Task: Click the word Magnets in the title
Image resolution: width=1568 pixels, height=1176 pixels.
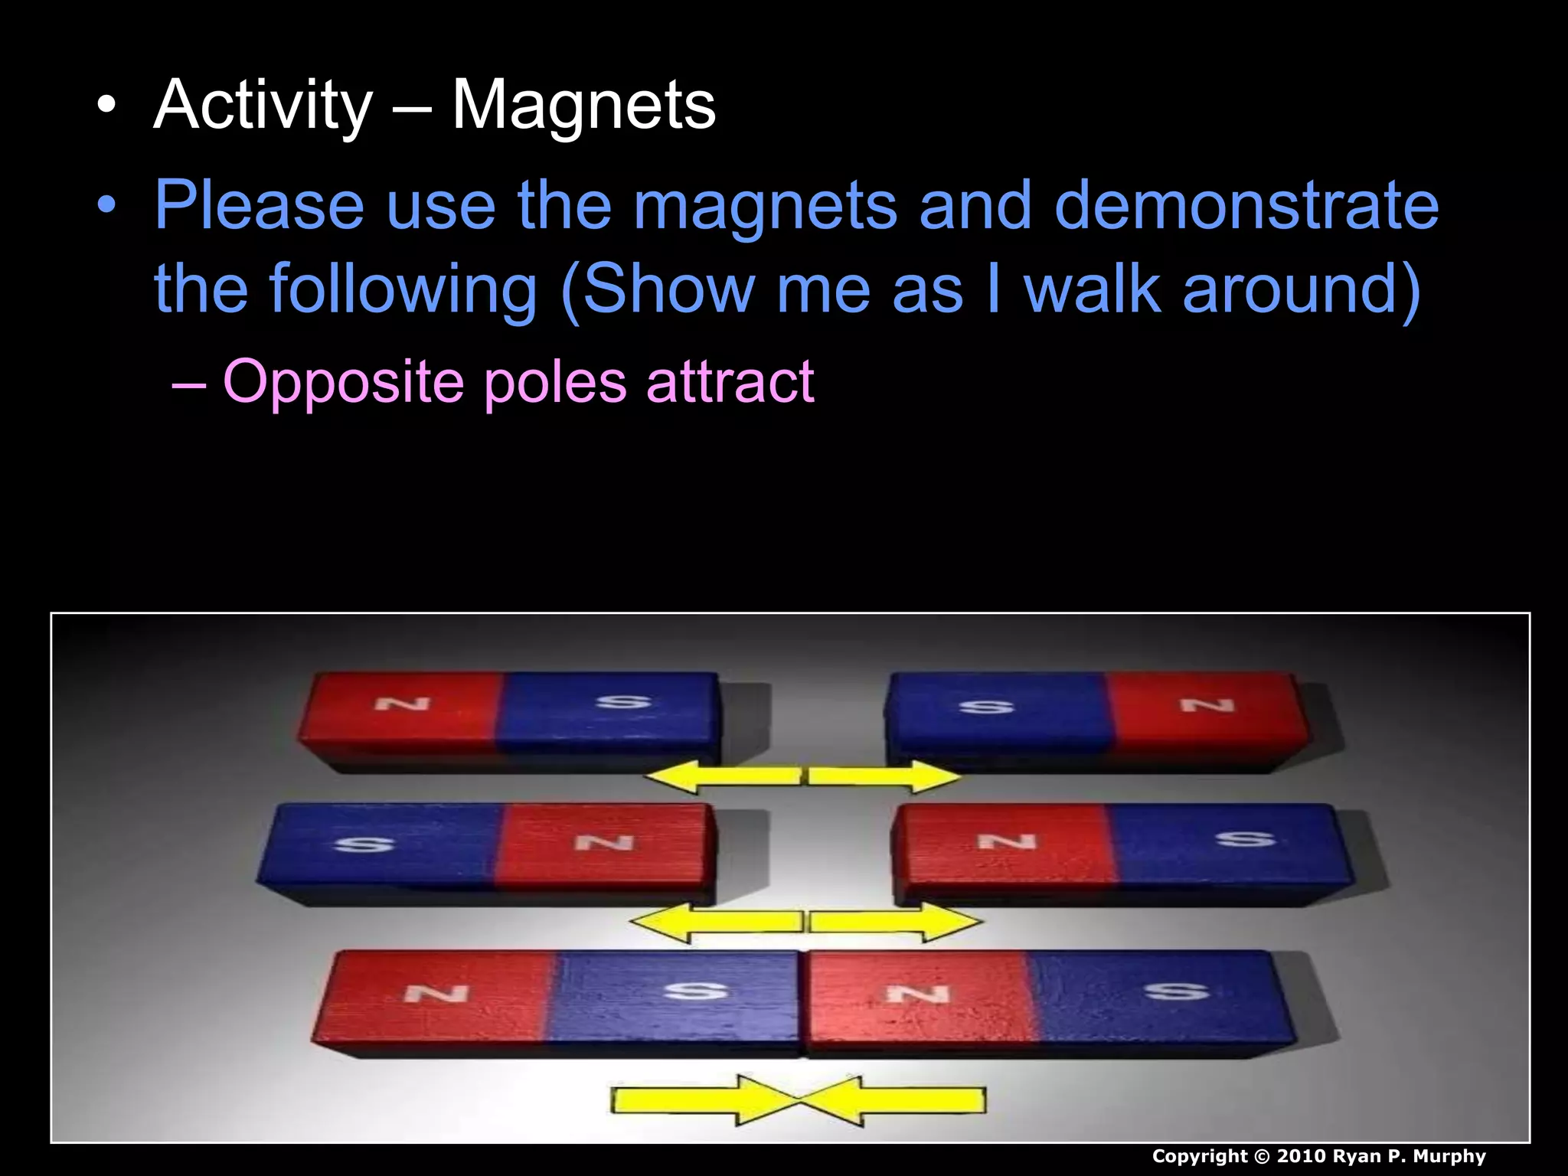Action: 583,106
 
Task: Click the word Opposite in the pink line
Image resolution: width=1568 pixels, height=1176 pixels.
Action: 343,381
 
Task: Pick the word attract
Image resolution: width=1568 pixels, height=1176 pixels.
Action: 730,381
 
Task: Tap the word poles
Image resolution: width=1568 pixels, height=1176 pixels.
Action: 555,381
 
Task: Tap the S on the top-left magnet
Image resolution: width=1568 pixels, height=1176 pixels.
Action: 623,701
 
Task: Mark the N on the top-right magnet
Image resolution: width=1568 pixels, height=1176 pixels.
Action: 1207,704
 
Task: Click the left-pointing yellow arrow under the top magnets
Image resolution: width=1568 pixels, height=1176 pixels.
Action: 722,776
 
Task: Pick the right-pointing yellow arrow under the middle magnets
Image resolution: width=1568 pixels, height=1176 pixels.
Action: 896,922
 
